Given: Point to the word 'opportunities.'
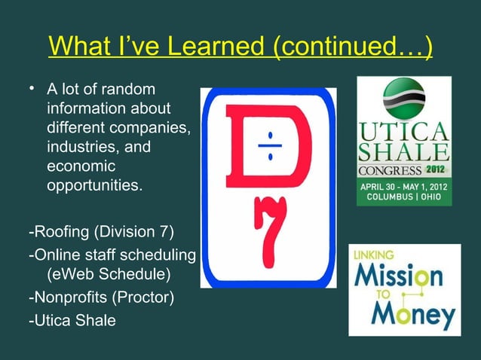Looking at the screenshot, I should (x=93, y=184).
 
